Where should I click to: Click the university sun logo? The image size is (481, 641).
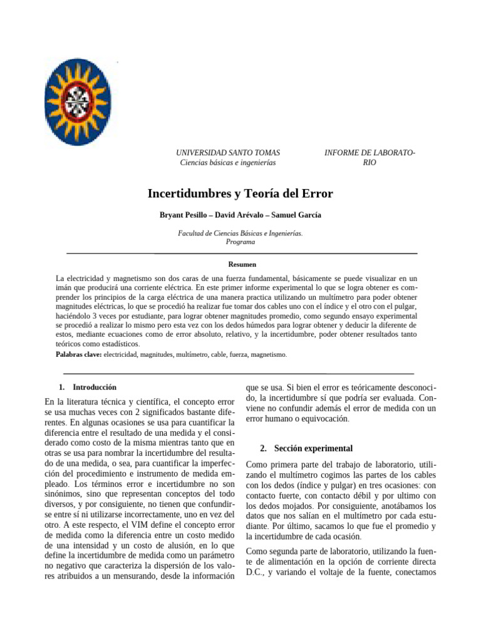(x=78, y=102)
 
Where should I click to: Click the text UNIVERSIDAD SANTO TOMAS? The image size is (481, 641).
(x=228, y=153)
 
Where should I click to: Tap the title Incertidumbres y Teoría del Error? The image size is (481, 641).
(x=240, y=193)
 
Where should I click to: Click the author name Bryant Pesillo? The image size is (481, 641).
(x=184, y=215)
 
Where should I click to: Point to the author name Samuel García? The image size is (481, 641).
(x=296, y=215)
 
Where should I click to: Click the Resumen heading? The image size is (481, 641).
(x=242, y=265)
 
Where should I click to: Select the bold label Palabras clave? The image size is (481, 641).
(x=78, y=354)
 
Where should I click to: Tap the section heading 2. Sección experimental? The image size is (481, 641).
(x=306, y=448)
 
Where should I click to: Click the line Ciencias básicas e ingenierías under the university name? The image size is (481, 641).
(x=228, y=163)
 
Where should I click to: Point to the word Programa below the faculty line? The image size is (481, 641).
(x=240, y=242)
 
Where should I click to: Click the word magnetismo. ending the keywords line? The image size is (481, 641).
(x=268, y=354)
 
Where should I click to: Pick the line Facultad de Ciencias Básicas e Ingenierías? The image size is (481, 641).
(x=240, y=233)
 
